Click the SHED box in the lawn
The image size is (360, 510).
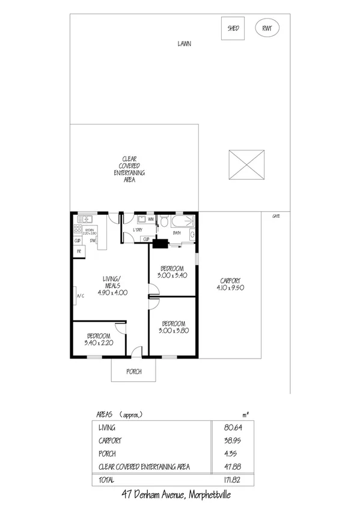233,28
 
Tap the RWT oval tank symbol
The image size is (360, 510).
267,28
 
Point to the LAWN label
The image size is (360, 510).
185,44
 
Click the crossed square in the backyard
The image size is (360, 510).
247,164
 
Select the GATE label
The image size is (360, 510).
276,216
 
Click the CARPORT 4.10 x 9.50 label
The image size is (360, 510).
230,284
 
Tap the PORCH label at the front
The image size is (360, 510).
133,371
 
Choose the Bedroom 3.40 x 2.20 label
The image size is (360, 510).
99,339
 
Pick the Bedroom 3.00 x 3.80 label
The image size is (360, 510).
172,327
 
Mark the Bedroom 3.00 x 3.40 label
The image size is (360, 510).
172,271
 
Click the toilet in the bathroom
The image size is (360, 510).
163,221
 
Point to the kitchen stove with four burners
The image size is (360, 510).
77,229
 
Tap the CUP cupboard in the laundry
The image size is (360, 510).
145,239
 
